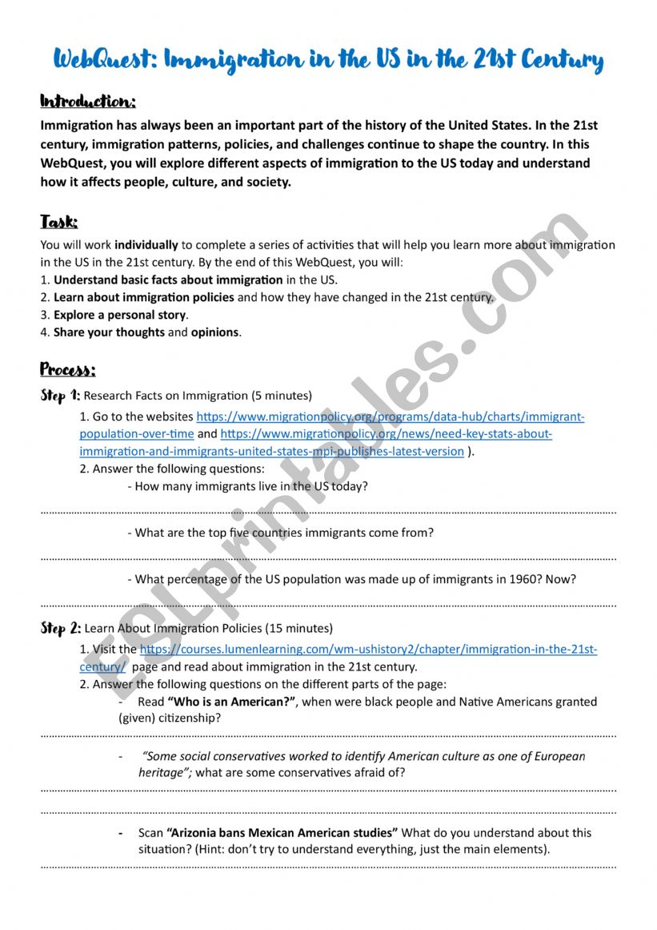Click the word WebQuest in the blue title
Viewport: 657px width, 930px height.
click(x=102, y=60)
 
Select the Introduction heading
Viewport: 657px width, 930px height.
click(x=88, y=103)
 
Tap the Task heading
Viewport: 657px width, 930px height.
click(x=59, y=222)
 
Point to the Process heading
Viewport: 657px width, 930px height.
click(x=68, y=369)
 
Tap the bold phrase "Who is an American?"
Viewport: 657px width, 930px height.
click(x=230, y=702)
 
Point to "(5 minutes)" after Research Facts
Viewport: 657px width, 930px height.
click(x=282, y=396)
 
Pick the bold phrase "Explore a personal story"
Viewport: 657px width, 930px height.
click(x=120, y=315)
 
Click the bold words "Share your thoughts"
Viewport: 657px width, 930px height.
click(x=109, y=332)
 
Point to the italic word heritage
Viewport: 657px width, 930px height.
click(x=163, y=772)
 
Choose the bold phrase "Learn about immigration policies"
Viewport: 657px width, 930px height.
click(x=144, y=297)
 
